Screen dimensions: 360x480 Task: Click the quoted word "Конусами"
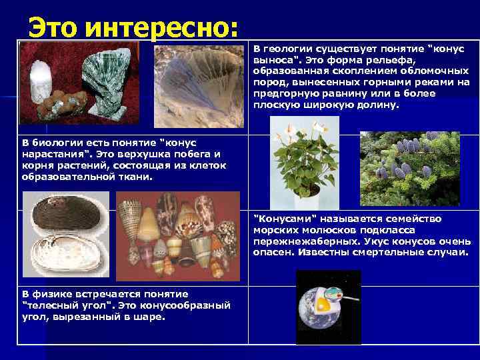tap(285, 219)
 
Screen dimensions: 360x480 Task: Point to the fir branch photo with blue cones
tap(409, 168)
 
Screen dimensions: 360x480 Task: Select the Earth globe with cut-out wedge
tap(323, 307)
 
